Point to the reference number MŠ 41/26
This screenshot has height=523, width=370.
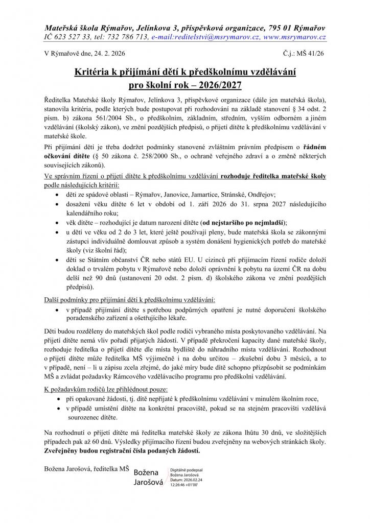[312, 53]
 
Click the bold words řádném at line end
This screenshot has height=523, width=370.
[313, 147]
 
